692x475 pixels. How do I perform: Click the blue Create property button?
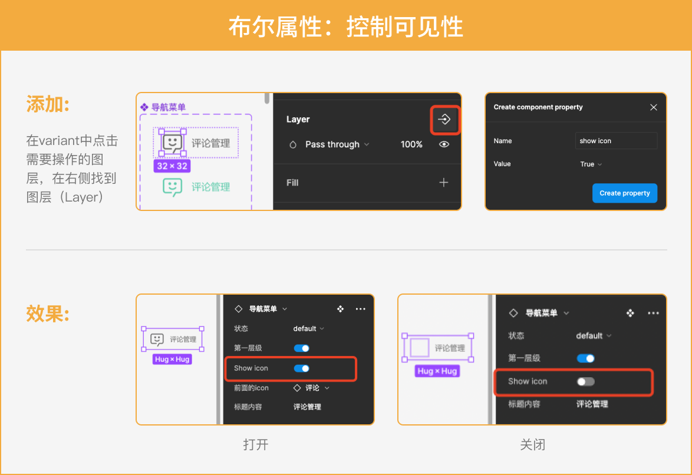[x=624, y=193]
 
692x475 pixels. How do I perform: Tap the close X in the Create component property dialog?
[x=654, y=107]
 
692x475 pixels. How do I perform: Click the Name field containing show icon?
[x=616, y=141]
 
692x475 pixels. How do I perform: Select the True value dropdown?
[x=591, y=164]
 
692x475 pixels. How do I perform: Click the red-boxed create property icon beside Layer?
[x=444, y=119]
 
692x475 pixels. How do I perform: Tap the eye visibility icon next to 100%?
[x=444, y=144]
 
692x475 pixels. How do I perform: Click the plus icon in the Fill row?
[x=443, y=182]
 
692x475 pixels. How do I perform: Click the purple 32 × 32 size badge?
[x=172, y=166]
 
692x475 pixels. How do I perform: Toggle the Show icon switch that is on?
[x=302, y=368]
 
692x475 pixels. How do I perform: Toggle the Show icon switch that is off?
[x=586, y=381]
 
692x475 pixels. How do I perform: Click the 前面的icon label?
[x=251, y=388]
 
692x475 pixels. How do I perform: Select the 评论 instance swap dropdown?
[x=312, y=388]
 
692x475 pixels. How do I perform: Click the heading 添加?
[x=48, y=105]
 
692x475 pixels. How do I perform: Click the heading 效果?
[x=48, y=314]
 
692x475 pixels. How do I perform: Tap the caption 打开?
[x=256, y=444]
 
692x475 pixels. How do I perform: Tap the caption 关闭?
[x=533, y=444]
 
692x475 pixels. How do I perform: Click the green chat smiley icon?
[x=172, y=187]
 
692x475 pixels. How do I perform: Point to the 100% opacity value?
[x=411, y=144]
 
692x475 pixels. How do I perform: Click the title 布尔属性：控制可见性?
[x=346, y=27]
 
